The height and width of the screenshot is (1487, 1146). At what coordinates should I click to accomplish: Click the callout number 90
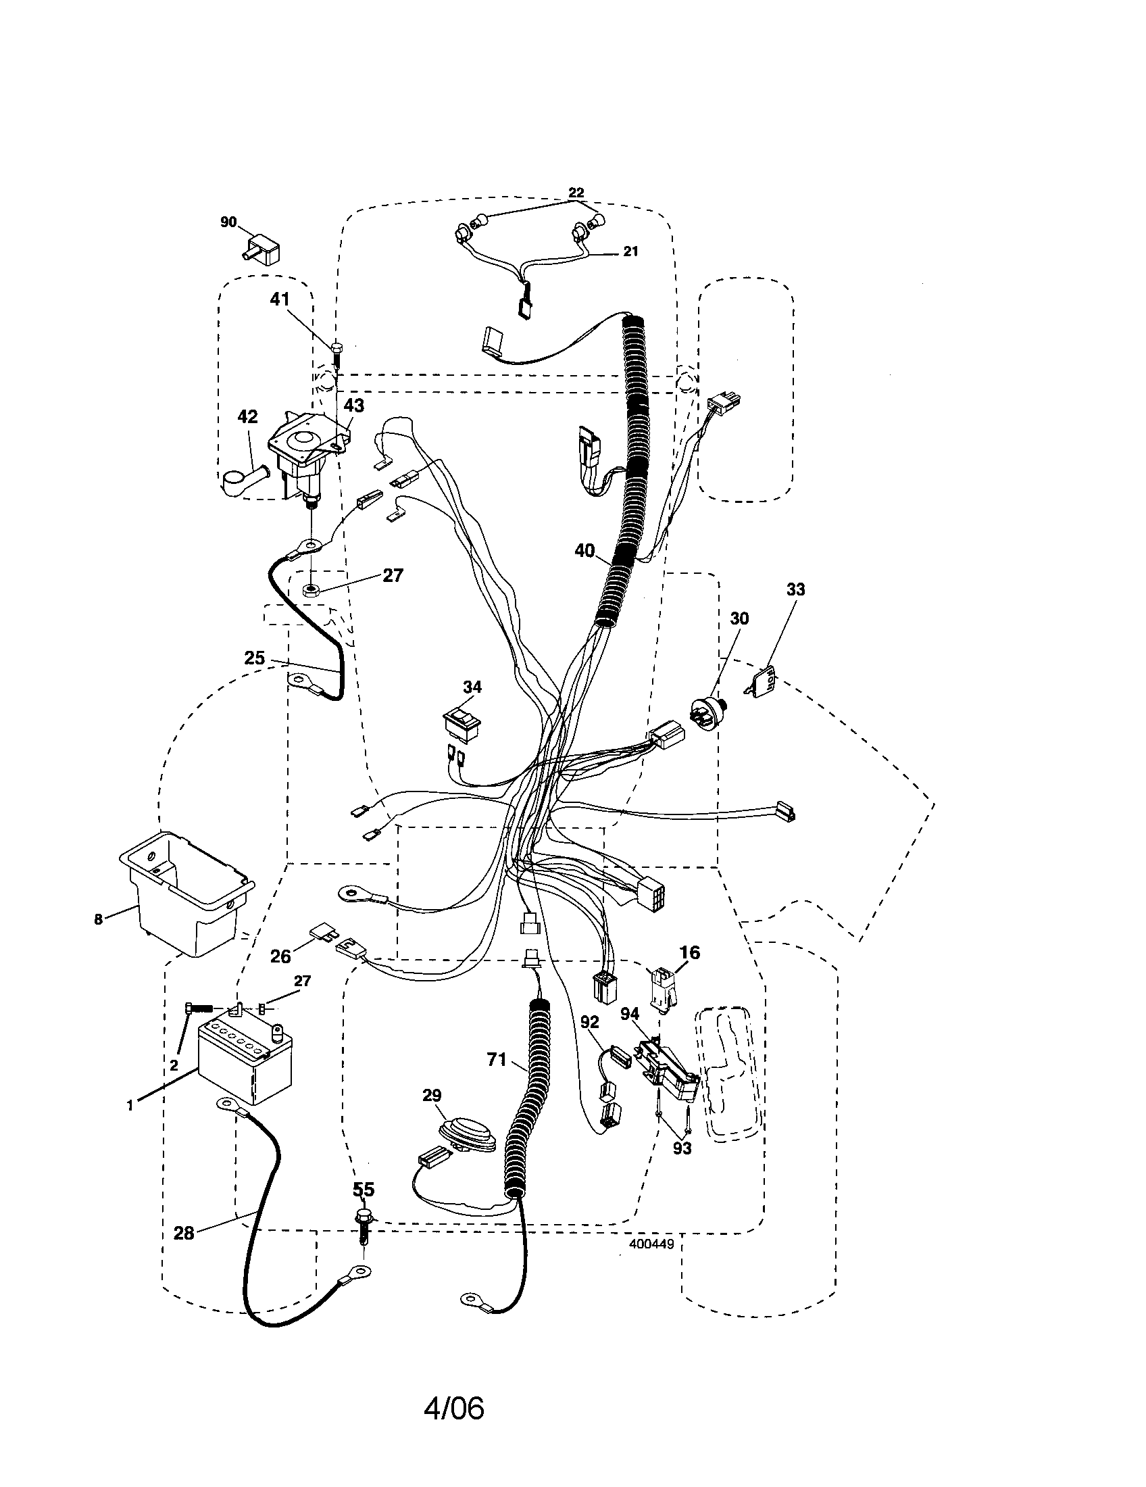pyautogui.click(x=228, y=222)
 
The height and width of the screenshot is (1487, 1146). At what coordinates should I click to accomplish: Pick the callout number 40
pyautogui.click(x=584, y=550)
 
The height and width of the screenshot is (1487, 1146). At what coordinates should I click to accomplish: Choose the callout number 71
pyautogui.click(x=497, y=1059)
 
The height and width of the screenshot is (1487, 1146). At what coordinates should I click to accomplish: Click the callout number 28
pyautogui.click(x=184, y=1233)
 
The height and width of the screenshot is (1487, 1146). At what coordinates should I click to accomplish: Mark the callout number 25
pyautogui.click(x=255, y=658)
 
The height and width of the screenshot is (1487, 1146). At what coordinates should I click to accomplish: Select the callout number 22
pyautogui.click(x=576, y=193)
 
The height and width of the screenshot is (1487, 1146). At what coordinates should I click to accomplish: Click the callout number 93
pyautogui.click(x=682, y=1148)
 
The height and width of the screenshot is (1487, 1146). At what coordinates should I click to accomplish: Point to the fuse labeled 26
pyautogui.click(x=319, y=931)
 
